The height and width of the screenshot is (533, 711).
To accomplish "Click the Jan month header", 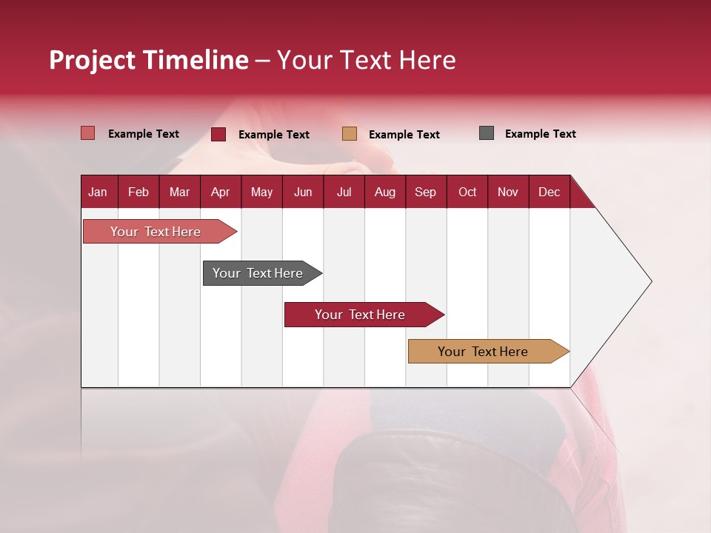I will click(98, 192).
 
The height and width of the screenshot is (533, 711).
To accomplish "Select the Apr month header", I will click(220, 192).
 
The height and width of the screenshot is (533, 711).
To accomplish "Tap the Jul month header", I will click(344, 192).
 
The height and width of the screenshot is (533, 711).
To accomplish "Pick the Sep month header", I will click(425, 192).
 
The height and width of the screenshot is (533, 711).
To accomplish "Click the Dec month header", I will click(549, 192).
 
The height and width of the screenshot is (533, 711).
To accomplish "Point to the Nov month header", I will click(507, 192).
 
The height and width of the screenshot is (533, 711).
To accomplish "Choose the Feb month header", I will click(138, 192).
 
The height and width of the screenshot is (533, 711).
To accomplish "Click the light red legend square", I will click(87, 133).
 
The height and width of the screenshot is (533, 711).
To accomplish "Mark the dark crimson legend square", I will click(218, 134).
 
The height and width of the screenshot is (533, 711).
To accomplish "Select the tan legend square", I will click(350, 134).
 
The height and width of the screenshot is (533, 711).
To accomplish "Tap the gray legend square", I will click(486, 133).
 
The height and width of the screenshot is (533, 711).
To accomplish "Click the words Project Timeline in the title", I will click(148, 60).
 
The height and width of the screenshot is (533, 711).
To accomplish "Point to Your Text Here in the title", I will click(367, 60).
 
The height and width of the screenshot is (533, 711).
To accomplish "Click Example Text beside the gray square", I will click(540, 134).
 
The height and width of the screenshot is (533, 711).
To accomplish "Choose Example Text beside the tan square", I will click(404, 135).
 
